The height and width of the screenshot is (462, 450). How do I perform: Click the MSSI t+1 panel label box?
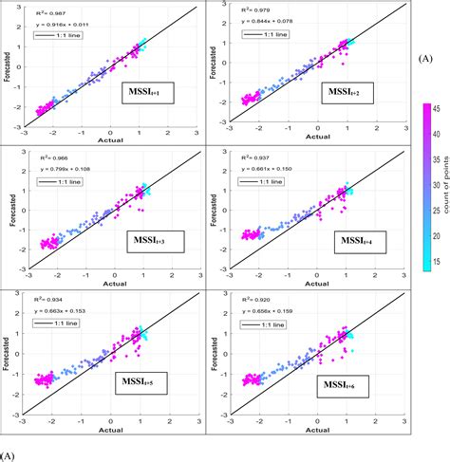coord(142,92)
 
